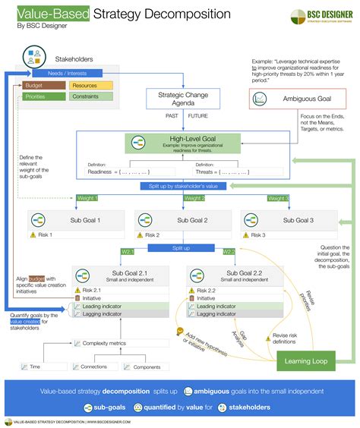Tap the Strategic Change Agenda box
[183, 100]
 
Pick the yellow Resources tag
[84, 86]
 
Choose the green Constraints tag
[84, 97]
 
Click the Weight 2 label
[183, 198]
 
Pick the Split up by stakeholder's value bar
[182, 186]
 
